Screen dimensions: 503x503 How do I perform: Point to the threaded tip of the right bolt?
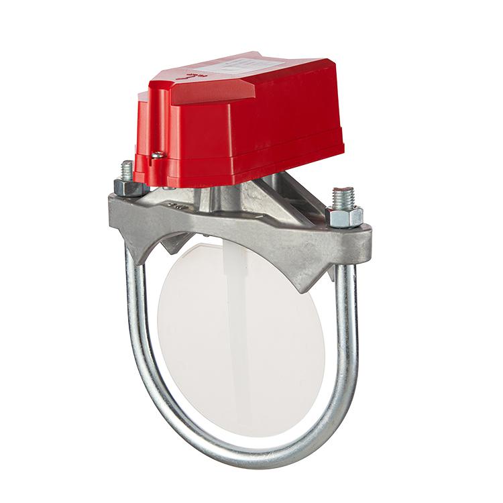coord(343,196)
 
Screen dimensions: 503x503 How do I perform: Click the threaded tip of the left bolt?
coord(127,168)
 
